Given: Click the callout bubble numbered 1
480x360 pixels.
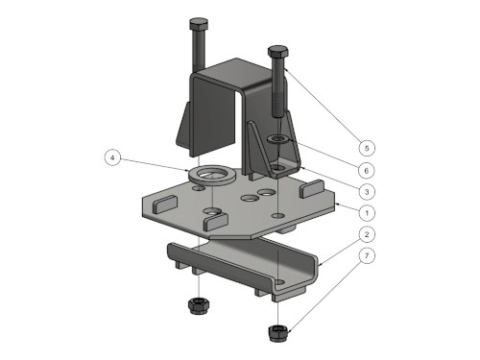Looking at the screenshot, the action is [x=367, y=213].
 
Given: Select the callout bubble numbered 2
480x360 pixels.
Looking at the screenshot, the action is [x=367, y=234].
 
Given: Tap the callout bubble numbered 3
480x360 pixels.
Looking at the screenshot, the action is [x=367, y=192].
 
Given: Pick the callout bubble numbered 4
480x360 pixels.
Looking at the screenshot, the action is [x=112, y=157].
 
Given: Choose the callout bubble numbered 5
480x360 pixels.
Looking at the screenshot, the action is [x=367, y=148].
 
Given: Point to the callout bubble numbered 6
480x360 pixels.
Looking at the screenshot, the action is [x=367, y=171].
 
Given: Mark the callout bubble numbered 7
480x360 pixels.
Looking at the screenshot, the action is [x=367, y=255].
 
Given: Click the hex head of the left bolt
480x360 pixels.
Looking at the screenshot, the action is [x=199, y=24].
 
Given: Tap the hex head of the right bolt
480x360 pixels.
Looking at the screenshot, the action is [x=278, y=51].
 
